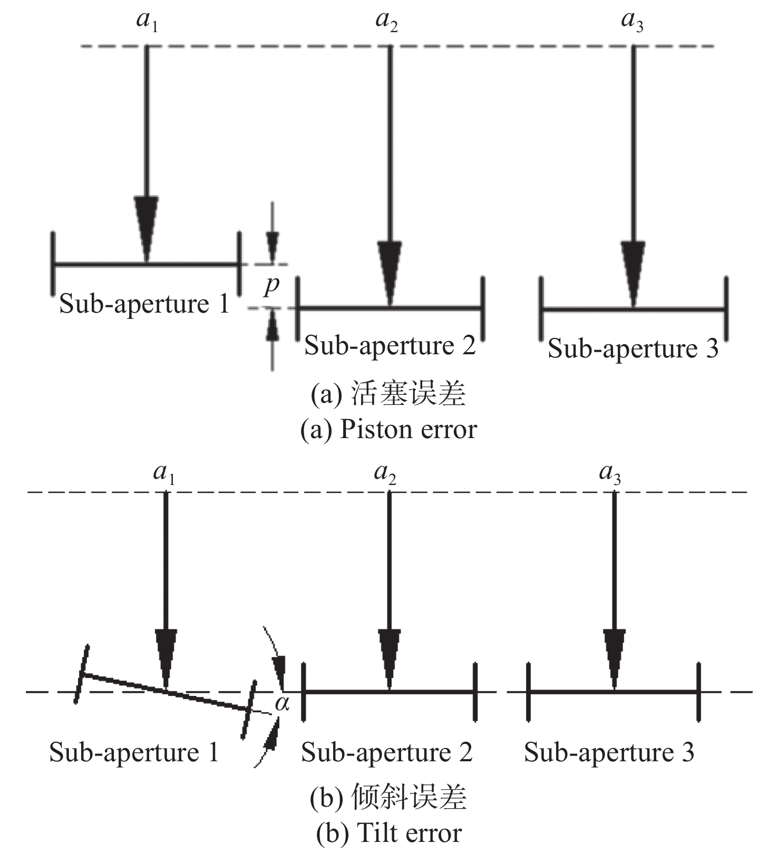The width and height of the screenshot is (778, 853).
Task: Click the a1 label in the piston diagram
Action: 147,22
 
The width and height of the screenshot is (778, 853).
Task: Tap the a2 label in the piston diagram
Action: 386,22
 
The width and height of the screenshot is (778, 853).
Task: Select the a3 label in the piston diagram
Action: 632,22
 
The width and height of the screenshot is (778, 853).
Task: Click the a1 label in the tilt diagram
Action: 164,473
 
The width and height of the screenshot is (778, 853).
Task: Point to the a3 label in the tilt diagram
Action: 610,473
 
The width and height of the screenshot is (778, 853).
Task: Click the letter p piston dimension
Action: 272,285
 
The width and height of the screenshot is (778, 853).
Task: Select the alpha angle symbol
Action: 283,703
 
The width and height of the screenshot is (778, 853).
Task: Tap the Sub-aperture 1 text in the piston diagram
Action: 144,304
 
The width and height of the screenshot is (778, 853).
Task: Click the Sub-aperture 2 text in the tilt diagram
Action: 386,752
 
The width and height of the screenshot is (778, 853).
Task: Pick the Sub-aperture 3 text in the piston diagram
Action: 633,349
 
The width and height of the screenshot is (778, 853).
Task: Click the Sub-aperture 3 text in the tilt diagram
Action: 609,752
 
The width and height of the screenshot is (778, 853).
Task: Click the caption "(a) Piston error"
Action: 388,430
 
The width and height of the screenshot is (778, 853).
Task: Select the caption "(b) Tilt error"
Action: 388,833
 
